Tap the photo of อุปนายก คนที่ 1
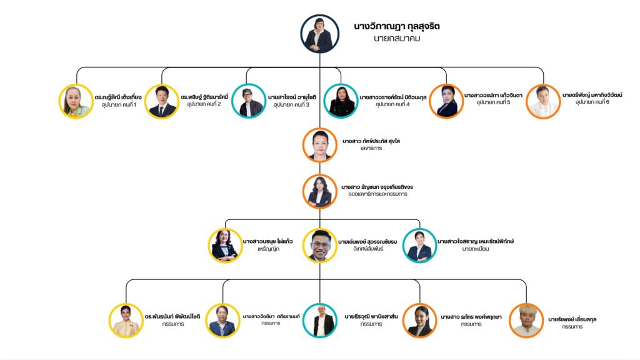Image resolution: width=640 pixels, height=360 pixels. click(76, 101)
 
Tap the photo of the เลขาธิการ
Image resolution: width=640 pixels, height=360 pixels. click(319, 145)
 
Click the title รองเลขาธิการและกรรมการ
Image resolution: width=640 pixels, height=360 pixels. click(378, 194)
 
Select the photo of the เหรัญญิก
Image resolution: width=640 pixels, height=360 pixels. click(225, 245)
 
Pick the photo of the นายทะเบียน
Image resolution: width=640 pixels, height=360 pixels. click(419, 245)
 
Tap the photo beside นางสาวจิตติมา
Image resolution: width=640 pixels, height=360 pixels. click(223, 321)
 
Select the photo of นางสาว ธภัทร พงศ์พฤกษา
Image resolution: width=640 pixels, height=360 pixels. click(419, 321)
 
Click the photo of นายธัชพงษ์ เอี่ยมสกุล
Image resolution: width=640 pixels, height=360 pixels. click(526, 321)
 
